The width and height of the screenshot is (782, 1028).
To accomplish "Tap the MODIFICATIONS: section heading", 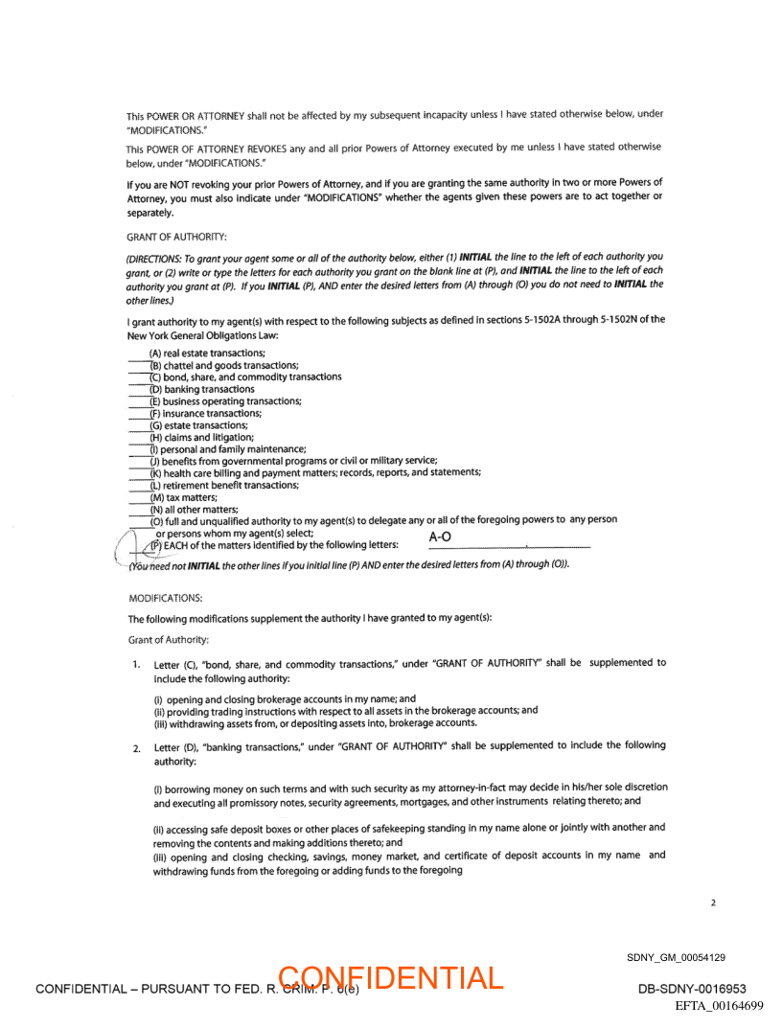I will pyautogui.click(x=165, y=598).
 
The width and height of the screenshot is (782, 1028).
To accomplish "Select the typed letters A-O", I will pyautogui.click(x=440, y=537).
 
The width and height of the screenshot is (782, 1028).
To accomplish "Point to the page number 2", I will pyautogui.click(x=713, y=902).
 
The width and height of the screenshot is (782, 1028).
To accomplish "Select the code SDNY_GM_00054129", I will pyautogui.click(x=676, y=957).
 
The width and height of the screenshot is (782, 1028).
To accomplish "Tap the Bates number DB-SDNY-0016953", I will pyautogui.click(x=692, y=989).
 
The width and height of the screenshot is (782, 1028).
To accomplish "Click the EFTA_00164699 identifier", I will pyautogui.click(x=719, y=1005).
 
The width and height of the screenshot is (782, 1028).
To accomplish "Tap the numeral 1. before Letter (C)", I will pyautogui.click(x=138, y=664).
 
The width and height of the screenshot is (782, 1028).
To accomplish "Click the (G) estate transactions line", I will pyautogui.click(x=198, y=425).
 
